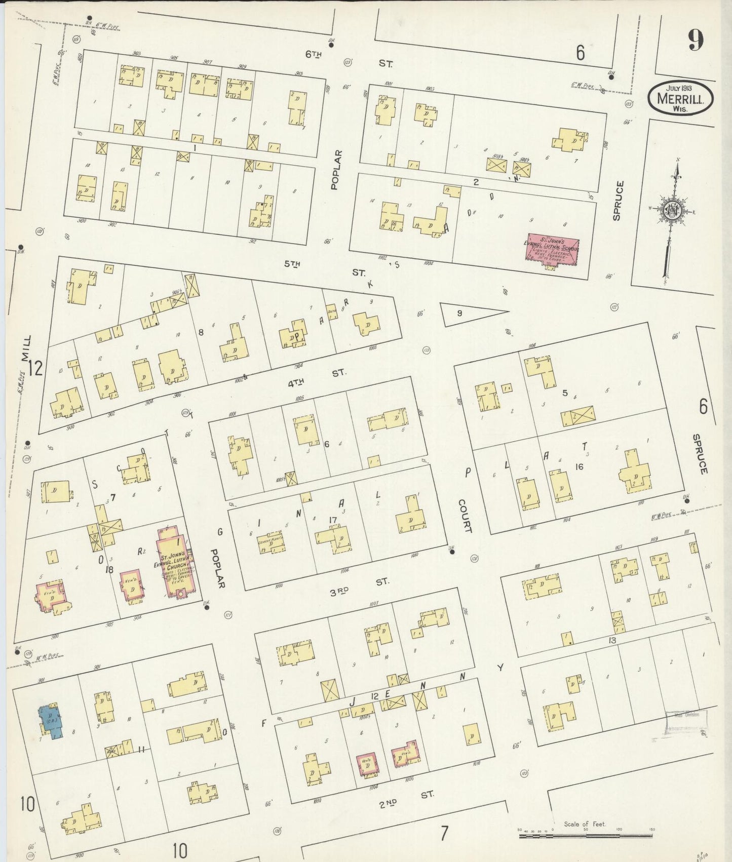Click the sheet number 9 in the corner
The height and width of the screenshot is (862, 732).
pos(695,39)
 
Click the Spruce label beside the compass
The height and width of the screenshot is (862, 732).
pos(617,201)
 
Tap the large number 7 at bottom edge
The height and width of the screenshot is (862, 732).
pos(444,833)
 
